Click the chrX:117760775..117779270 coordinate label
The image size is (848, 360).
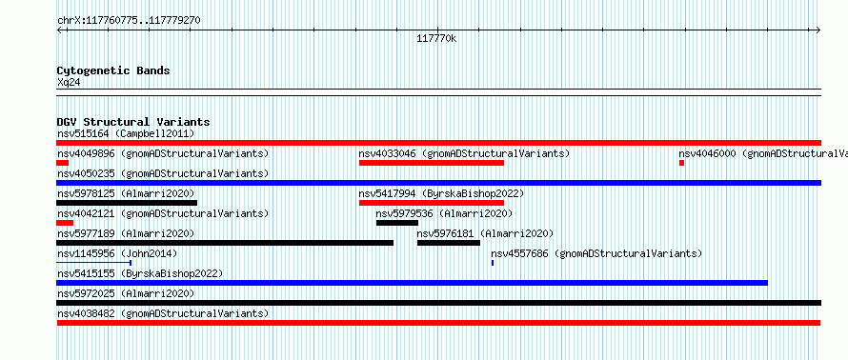129,21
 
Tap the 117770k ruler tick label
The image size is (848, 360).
436,39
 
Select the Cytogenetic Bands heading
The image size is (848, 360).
113,70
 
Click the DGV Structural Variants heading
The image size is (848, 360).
133,122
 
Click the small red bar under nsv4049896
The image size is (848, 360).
62,163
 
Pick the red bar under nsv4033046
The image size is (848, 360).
432,163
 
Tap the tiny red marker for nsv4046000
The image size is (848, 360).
682,163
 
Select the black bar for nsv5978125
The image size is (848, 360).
127,203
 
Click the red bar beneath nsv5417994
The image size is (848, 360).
432,203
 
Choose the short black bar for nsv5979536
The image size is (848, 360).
397,223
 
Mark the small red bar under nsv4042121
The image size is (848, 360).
65,223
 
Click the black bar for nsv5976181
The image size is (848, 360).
449,243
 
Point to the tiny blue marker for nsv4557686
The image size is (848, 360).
493,263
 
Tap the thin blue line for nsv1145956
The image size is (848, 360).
94,263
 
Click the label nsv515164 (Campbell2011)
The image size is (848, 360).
126,133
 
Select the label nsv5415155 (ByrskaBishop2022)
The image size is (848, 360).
140,273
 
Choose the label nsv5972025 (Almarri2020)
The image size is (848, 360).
126,293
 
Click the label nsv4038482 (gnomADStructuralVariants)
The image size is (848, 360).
163,313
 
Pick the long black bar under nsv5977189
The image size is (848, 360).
225,243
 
